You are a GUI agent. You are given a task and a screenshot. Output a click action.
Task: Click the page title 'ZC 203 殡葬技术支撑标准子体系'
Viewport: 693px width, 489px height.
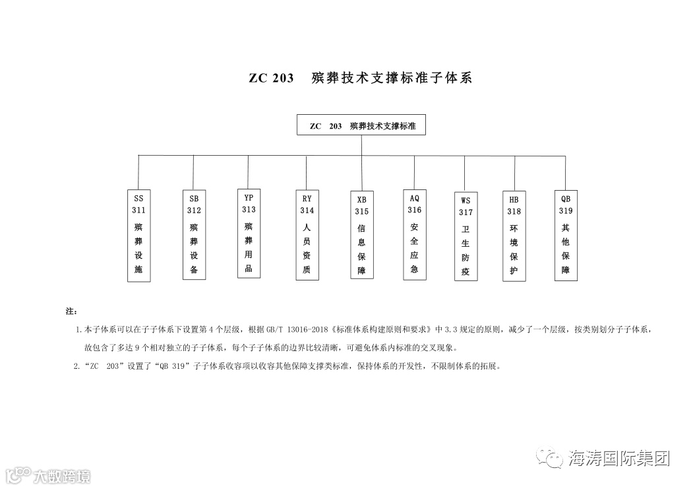tap(361, 78)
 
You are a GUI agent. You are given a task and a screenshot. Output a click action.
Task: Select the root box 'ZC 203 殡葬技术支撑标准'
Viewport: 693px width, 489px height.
tap(361, 125)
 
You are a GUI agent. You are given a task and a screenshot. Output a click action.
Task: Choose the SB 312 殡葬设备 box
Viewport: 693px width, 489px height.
tap(194, 235)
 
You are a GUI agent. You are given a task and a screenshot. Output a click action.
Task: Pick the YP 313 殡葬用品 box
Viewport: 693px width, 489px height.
tap(249, 234)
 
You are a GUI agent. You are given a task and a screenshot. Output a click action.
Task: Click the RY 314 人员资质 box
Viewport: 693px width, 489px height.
tap(307, 235)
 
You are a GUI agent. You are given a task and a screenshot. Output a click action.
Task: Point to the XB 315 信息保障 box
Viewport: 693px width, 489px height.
tap(362, 236)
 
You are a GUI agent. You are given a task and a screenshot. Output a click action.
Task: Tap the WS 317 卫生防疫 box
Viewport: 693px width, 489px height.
tap(466, 236)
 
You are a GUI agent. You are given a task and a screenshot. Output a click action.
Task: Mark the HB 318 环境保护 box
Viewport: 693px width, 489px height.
tap(514, 236)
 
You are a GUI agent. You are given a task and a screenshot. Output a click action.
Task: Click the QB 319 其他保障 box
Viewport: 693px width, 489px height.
tap(566, 235)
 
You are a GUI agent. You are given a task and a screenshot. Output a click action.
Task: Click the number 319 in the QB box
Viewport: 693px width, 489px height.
tap(566, 211)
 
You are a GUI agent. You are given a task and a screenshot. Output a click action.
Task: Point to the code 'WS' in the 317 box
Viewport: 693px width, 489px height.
tap(466, 200)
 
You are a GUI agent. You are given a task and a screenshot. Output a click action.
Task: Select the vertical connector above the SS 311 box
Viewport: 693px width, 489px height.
tap(138, 173)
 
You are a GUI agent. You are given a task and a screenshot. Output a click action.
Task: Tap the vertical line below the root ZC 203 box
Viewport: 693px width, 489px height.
tap(361, 145)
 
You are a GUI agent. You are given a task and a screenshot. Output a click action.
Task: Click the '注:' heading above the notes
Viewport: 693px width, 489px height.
tap(72, 310)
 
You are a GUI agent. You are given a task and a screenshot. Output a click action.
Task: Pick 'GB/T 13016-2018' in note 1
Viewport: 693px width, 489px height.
tap(293, 329)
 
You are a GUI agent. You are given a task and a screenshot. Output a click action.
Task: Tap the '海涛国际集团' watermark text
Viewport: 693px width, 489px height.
tap(618, 458)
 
